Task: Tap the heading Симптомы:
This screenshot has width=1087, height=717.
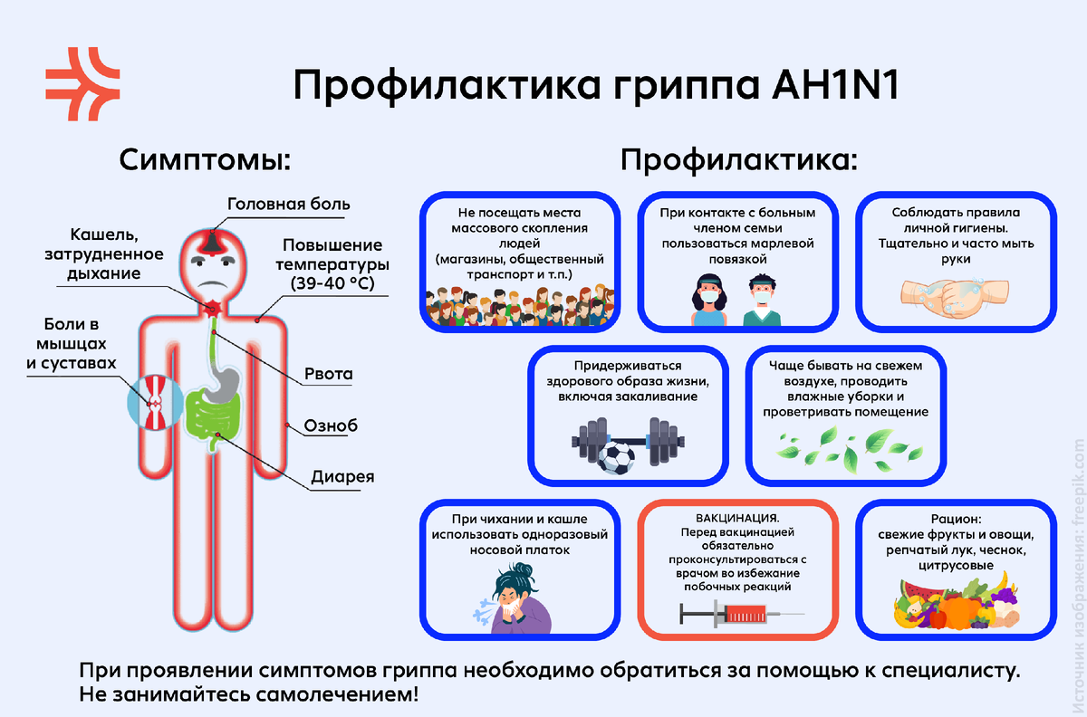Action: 205,162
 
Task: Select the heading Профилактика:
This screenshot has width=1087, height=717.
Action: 738,162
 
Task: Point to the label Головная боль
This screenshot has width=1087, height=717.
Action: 288,205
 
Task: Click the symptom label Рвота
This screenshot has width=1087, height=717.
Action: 329,374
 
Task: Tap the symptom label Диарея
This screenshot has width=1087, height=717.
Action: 342,476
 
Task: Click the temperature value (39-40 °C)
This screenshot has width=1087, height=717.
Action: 332,283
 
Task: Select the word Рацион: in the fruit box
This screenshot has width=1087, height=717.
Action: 956,519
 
